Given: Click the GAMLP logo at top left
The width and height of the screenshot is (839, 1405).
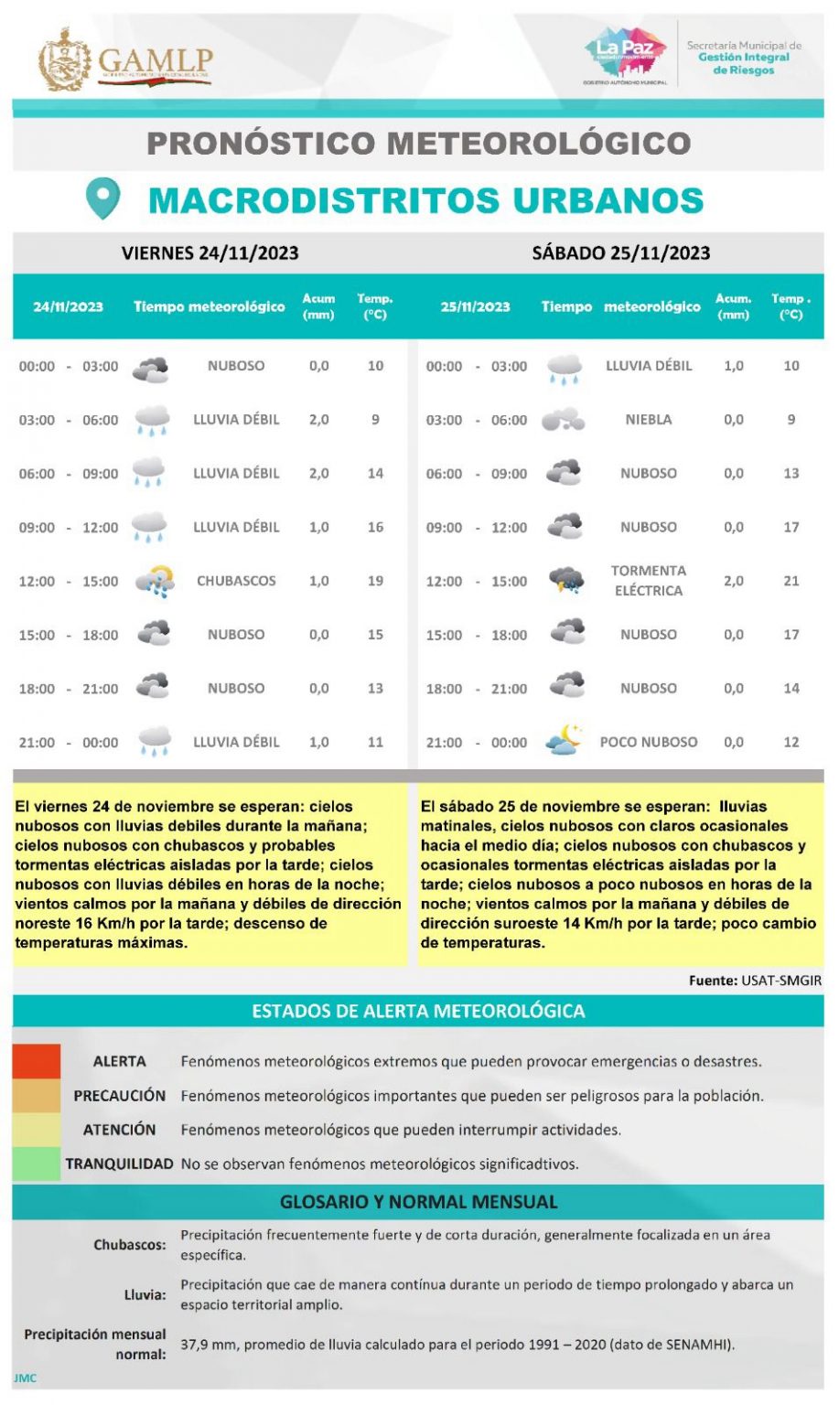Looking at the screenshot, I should click(125, 60).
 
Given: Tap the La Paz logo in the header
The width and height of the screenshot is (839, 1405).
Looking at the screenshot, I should click(626, 53).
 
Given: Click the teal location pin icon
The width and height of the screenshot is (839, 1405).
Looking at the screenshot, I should click(102, 198).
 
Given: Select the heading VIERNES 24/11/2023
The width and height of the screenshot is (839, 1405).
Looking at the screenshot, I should click(210, 253).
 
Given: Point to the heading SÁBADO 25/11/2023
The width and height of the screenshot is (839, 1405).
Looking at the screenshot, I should click(621, 253).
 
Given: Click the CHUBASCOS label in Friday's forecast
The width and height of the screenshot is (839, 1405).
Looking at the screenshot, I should click(236, 581).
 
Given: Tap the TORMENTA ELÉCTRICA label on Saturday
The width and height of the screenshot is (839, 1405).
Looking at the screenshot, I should click(649, 581).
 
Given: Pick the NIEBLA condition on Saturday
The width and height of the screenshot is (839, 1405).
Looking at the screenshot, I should click(649, 420).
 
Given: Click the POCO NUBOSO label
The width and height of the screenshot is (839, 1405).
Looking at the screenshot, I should click(649, 742).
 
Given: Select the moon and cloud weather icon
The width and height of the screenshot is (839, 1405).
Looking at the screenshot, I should click(564, 740).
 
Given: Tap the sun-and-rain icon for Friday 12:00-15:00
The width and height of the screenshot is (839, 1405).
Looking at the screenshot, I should click(154, 581).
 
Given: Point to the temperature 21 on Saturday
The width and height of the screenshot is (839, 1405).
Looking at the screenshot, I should click(791, 581).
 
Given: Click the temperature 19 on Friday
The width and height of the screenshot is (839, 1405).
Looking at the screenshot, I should click(375, 581).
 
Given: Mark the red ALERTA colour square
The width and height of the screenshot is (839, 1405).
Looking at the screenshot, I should click(37, 1061).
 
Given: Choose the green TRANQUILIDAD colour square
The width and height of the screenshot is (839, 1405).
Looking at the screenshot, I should click(37, 1164).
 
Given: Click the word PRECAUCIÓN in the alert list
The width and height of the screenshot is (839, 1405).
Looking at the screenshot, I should click(120, 1096).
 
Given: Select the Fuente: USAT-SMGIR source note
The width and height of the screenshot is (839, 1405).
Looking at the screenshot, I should click(755, 981).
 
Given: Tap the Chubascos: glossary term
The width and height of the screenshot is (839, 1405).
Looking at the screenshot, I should click(130, 1245).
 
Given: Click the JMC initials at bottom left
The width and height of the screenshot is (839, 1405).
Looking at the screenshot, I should click(25, 1378).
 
